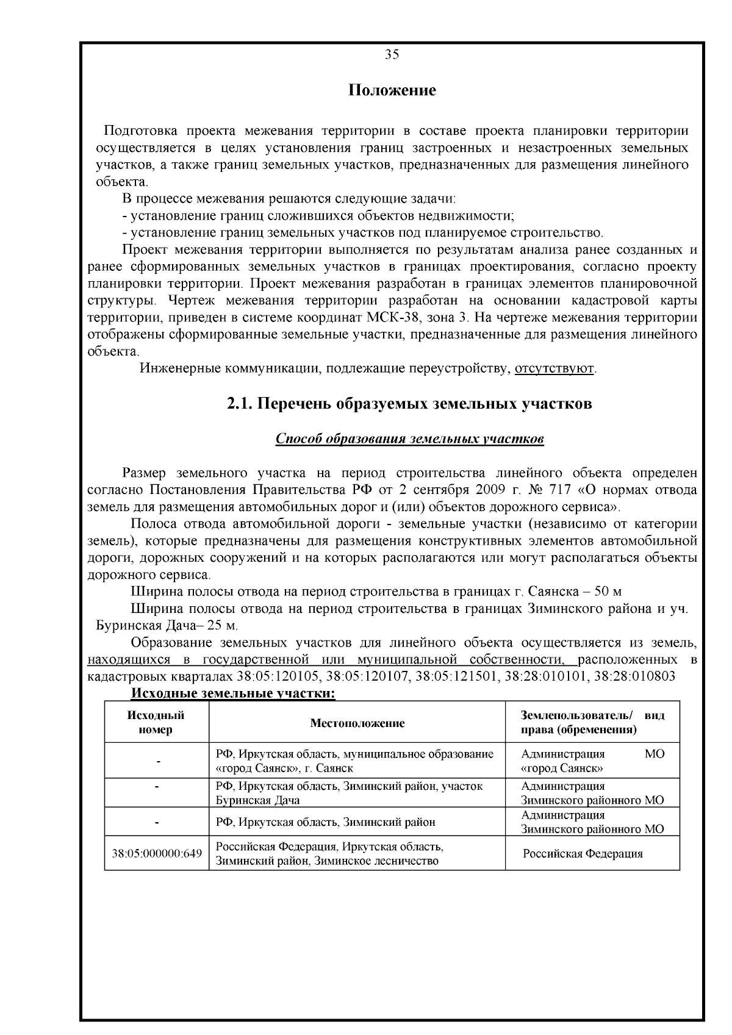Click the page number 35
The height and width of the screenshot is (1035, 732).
tap(392, 55)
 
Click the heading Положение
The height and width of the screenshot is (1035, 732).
tap(392, 91)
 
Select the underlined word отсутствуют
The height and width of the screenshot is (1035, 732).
tap(554, 369)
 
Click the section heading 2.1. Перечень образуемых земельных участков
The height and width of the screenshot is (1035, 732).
tap(409, 404)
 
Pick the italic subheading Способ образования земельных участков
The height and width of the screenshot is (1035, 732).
tap(409, 439)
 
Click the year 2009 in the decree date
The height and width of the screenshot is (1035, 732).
tap(478, 490)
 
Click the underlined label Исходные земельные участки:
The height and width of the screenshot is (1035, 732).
tap(234, 693)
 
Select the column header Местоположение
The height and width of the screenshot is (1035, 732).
tap(357, 723)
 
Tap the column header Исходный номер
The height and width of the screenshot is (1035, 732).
tap(156, 723)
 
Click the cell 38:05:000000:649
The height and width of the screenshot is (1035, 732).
tap(157, 853)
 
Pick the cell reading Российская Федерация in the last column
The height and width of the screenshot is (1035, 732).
tap(583, 853)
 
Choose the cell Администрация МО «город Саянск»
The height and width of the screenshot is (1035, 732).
tap(592, 761)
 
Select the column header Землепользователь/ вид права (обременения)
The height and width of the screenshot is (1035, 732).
tap(592, 723)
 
